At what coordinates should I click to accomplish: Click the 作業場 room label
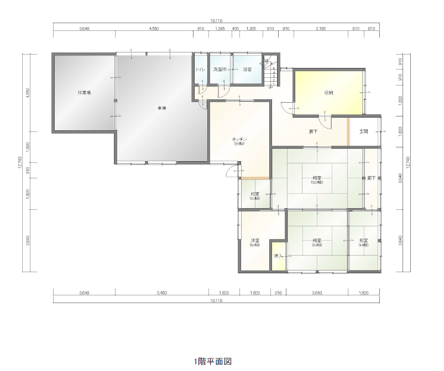(84, 92)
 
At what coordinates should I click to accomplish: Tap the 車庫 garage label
(161, 108)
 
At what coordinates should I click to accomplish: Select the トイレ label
(200, 70)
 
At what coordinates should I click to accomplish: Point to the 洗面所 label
(220, 70)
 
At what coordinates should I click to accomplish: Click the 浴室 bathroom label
(247, 70)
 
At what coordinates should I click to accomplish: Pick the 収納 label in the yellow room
(329, 92)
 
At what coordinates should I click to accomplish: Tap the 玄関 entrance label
(364, 132)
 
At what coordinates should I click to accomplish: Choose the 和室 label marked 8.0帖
(316, 241)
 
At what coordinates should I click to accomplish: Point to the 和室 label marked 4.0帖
(363, 241)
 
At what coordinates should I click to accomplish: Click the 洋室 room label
(255, 241)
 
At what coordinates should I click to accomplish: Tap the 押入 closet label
(278, 256)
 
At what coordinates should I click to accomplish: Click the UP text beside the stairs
(270, 87)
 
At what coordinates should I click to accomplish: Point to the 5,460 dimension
(161, 293)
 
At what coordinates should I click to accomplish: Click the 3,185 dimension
(321, 28)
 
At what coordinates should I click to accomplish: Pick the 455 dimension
(236, 28)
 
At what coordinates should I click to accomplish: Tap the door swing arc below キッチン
(231, 172)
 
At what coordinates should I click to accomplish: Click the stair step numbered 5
(274, 68)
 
